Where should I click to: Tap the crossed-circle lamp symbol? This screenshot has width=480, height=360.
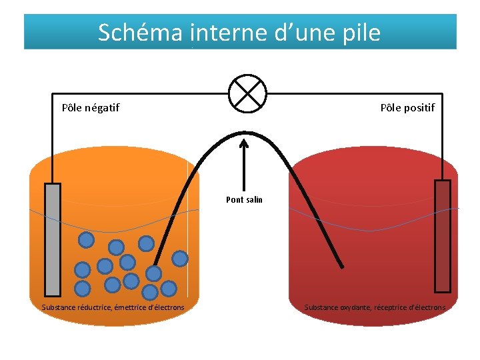[x=247, y=93]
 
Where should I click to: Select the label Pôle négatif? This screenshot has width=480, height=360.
[x=91, y=107]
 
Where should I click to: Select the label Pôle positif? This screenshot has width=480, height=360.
[x=407, y=107]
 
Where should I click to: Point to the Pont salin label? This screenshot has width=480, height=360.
[x=245, y=199]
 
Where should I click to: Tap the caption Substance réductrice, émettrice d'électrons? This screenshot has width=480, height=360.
[x=113, y=307]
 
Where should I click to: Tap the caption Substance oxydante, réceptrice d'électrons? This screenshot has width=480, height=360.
[x=375, y=307]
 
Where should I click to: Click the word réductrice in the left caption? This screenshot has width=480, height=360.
[x=93, y=307]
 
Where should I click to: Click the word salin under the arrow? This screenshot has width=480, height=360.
[x=254, y=199]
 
